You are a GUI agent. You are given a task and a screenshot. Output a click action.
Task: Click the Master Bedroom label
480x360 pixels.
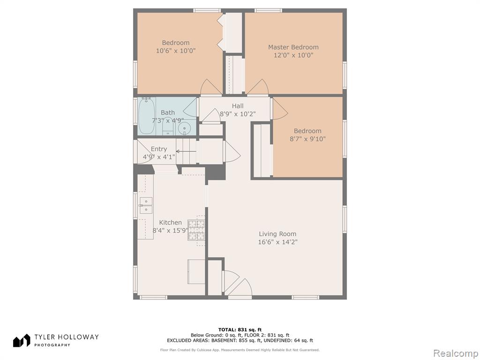click(x=293, y=47)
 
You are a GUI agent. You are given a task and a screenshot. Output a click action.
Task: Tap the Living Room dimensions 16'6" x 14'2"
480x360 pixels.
click(x=277, y=242)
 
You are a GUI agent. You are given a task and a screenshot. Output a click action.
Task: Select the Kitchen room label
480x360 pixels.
click(x=170, y=223)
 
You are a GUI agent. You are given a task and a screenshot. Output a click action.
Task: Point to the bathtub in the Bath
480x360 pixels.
click(x=146, y=115)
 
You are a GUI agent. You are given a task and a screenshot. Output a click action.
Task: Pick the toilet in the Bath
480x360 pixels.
click(x=167, y=127)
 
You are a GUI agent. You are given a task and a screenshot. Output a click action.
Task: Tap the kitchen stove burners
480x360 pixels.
click(x=196, y=230)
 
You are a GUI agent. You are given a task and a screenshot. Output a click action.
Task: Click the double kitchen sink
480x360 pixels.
click(x=146, y=205)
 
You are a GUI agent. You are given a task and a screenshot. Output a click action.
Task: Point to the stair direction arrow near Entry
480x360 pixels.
click(x=186, y=151)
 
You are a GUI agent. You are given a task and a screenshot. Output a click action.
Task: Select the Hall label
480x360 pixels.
click(x=238, y=106)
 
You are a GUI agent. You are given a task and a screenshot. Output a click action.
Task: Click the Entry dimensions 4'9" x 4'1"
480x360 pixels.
click(x=159, y=157)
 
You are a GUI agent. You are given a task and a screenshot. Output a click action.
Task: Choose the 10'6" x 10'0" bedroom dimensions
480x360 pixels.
click(x=176, y=51)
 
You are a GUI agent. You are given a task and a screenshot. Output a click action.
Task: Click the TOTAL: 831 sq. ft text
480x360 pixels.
click(x=240, y=330)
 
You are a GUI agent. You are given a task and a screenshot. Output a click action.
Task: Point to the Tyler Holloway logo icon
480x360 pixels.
click(x=22, y=340)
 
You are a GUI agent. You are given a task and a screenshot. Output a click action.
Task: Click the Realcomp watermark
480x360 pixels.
click(x=456, y=353)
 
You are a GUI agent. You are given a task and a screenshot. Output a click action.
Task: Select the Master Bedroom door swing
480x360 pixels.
click(x=258, y=87)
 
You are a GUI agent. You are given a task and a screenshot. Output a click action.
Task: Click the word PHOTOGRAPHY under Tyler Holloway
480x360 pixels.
click(x=52, y=345)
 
